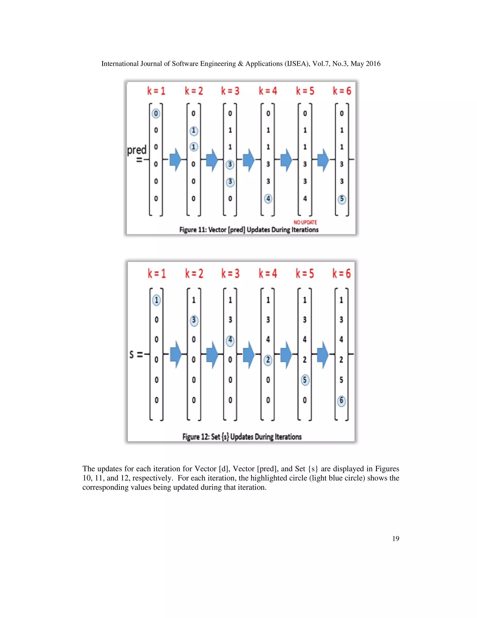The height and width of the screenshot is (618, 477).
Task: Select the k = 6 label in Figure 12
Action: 342,273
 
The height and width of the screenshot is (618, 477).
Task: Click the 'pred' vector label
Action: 137,150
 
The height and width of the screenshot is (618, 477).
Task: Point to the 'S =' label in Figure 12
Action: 136,354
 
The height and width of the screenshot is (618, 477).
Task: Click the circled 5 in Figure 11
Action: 342,199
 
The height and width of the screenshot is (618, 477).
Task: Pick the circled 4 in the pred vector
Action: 268,199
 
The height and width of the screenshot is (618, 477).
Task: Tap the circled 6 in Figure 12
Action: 341,400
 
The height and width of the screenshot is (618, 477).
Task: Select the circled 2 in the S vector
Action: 268,360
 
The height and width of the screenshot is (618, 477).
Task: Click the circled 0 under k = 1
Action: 156,114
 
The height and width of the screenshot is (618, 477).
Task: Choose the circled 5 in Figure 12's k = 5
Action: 305,380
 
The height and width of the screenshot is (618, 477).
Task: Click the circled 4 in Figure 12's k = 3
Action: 230,340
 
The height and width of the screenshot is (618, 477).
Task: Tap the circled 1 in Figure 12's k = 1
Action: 157,300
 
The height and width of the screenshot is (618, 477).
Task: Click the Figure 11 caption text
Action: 249,229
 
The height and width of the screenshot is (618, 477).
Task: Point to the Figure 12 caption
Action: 242,437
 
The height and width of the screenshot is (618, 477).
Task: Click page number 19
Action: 396,538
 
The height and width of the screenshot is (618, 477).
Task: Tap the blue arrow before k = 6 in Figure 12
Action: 323,354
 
